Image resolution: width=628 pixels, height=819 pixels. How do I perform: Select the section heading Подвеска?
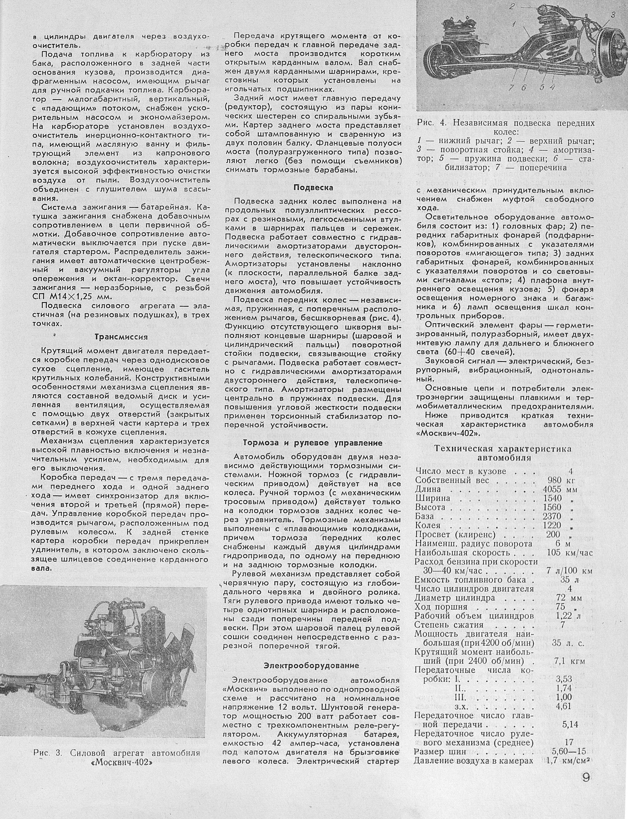click(x=313, y=188)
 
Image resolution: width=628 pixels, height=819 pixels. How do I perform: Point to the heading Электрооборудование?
click(x=312, y=665)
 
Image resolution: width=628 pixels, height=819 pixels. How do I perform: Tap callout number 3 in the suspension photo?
click(x=613, y=15)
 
